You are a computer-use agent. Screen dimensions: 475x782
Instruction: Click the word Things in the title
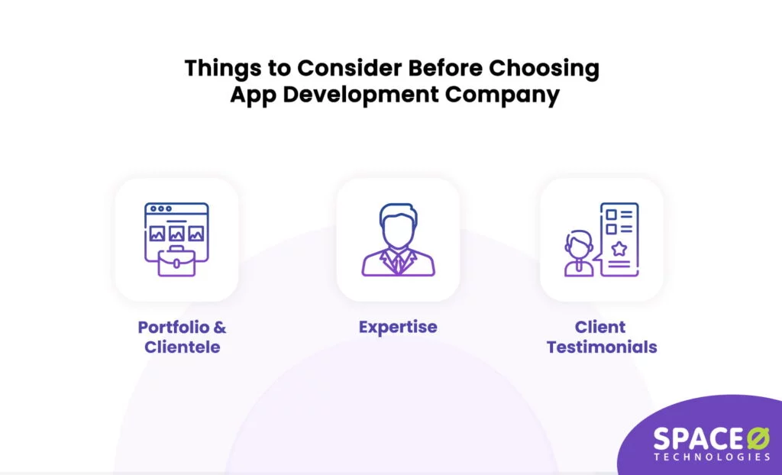point(217,69)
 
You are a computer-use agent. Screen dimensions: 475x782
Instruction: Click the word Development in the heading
point(359,97)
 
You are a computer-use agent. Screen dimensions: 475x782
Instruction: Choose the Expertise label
point(398,328)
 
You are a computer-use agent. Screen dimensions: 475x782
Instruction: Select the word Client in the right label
point(600,328)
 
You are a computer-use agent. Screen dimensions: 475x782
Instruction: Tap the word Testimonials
point(602,347)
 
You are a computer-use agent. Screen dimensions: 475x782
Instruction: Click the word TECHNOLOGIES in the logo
point(712,457)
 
